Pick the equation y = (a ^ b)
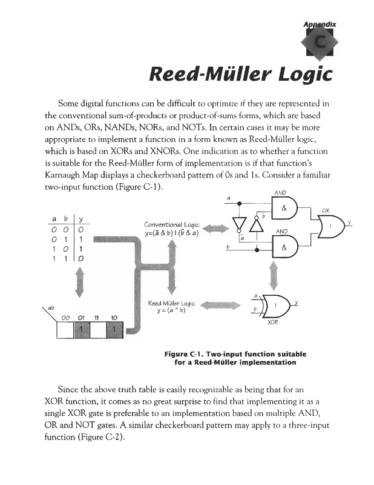(x=171, y=312)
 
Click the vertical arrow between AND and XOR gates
(x=274, y=276)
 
